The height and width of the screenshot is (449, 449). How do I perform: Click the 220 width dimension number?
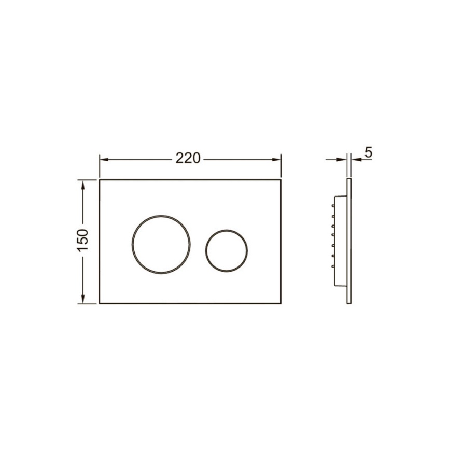pyautogui.click(x=188, y=158)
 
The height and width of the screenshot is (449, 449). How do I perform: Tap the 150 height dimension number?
pyautogui.click(x=83, y=240)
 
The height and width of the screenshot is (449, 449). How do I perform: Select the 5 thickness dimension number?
pyautogui.click(x=368, y=152)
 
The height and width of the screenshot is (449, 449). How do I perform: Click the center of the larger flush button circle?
pyautogui.click(x=161, y=244)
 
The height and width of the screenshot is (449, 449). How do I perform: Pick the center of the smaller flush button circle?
pyautogui.click(x=226, y=251)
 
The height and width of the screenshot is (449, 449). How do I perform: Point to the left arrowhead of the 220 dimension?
pyautogui.click(x=104, y=160)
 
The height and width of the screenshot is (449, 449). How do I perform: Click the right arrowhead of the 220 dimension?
pyautogui.click(x=277, y=160)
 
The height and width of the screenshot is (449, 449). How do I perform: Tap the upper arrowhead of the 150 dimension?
pyautogui.click(x=83, y=185)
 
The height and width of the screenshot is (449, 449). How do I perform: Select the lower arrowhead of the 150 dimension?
pyautogui.click(x=83, y=299)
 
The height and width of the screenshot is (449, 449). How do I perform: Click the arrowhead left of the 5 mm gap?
pyautogui.click(x=342, y=160)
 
